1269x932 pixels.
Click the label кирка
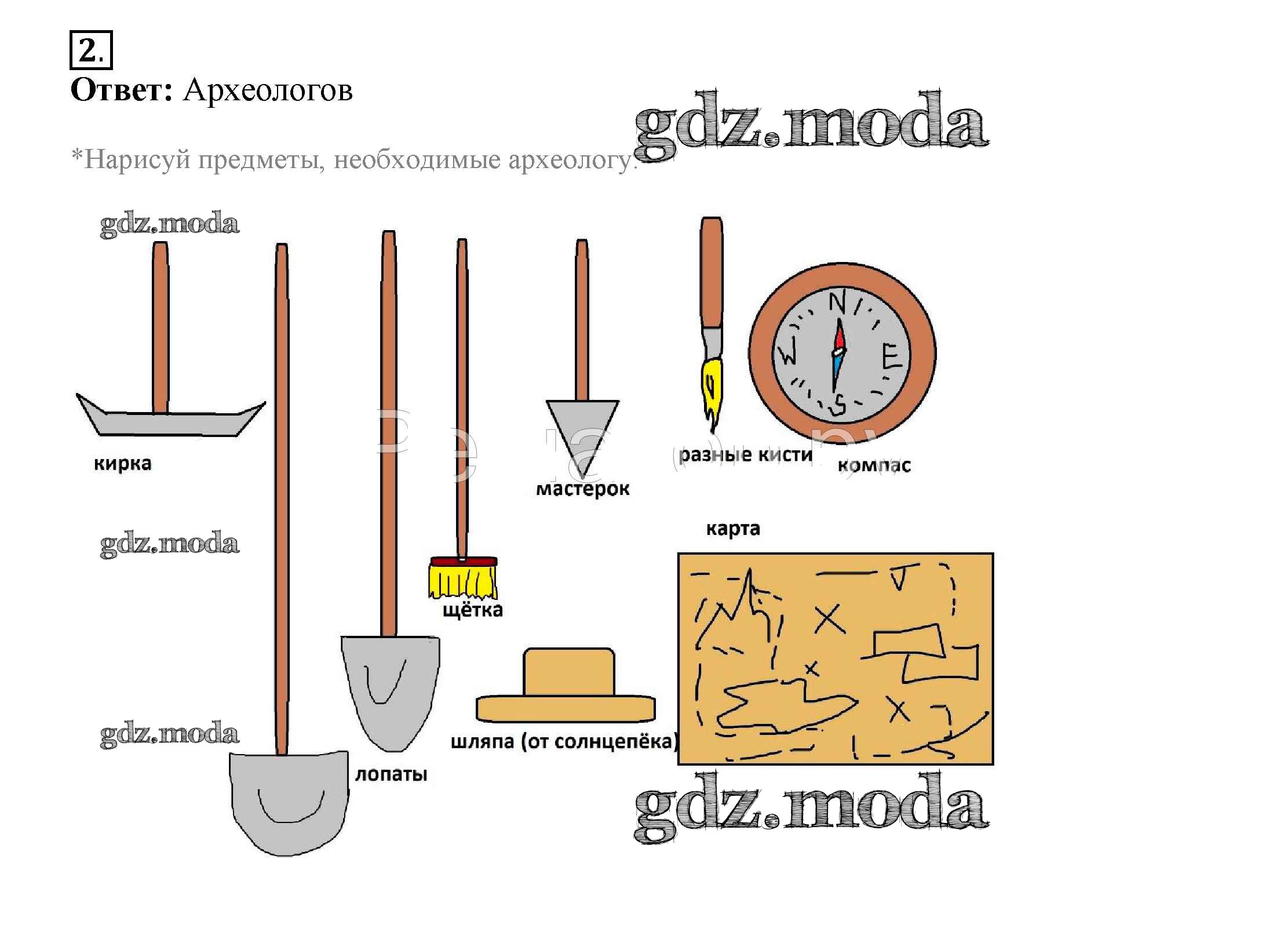pyautogui.click(x=122, y=464)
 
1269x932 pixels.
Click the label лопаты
pyautogui.click(x=391, y=774)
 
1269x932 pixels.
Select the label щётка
pyautogui.click(x=472, y=610)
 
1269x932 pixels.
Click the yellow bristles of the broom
pyautogui.click(x=462, y=582)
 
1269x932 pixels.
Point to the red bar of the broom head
pyautogui.click(x=463, y=562)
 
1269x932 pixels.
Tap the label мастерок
pyautogui.click(x=582, y=489)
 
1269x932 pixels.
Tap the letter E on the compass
pyautogui.click(x=891, y=356)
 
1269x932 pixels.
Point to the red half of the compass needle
pyautogui.click(x=839, y=337)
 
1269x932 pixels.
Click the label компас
pyautogui.click(x=874, y=465)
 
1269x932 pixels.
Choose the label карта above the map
pyautogui.click(x=732, y=529)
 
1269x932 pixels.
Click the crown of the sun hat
pyautogui.click(x=568, y=672)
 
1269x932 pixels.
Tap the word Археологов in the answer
pyautogui.click(x=268, y=90)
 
